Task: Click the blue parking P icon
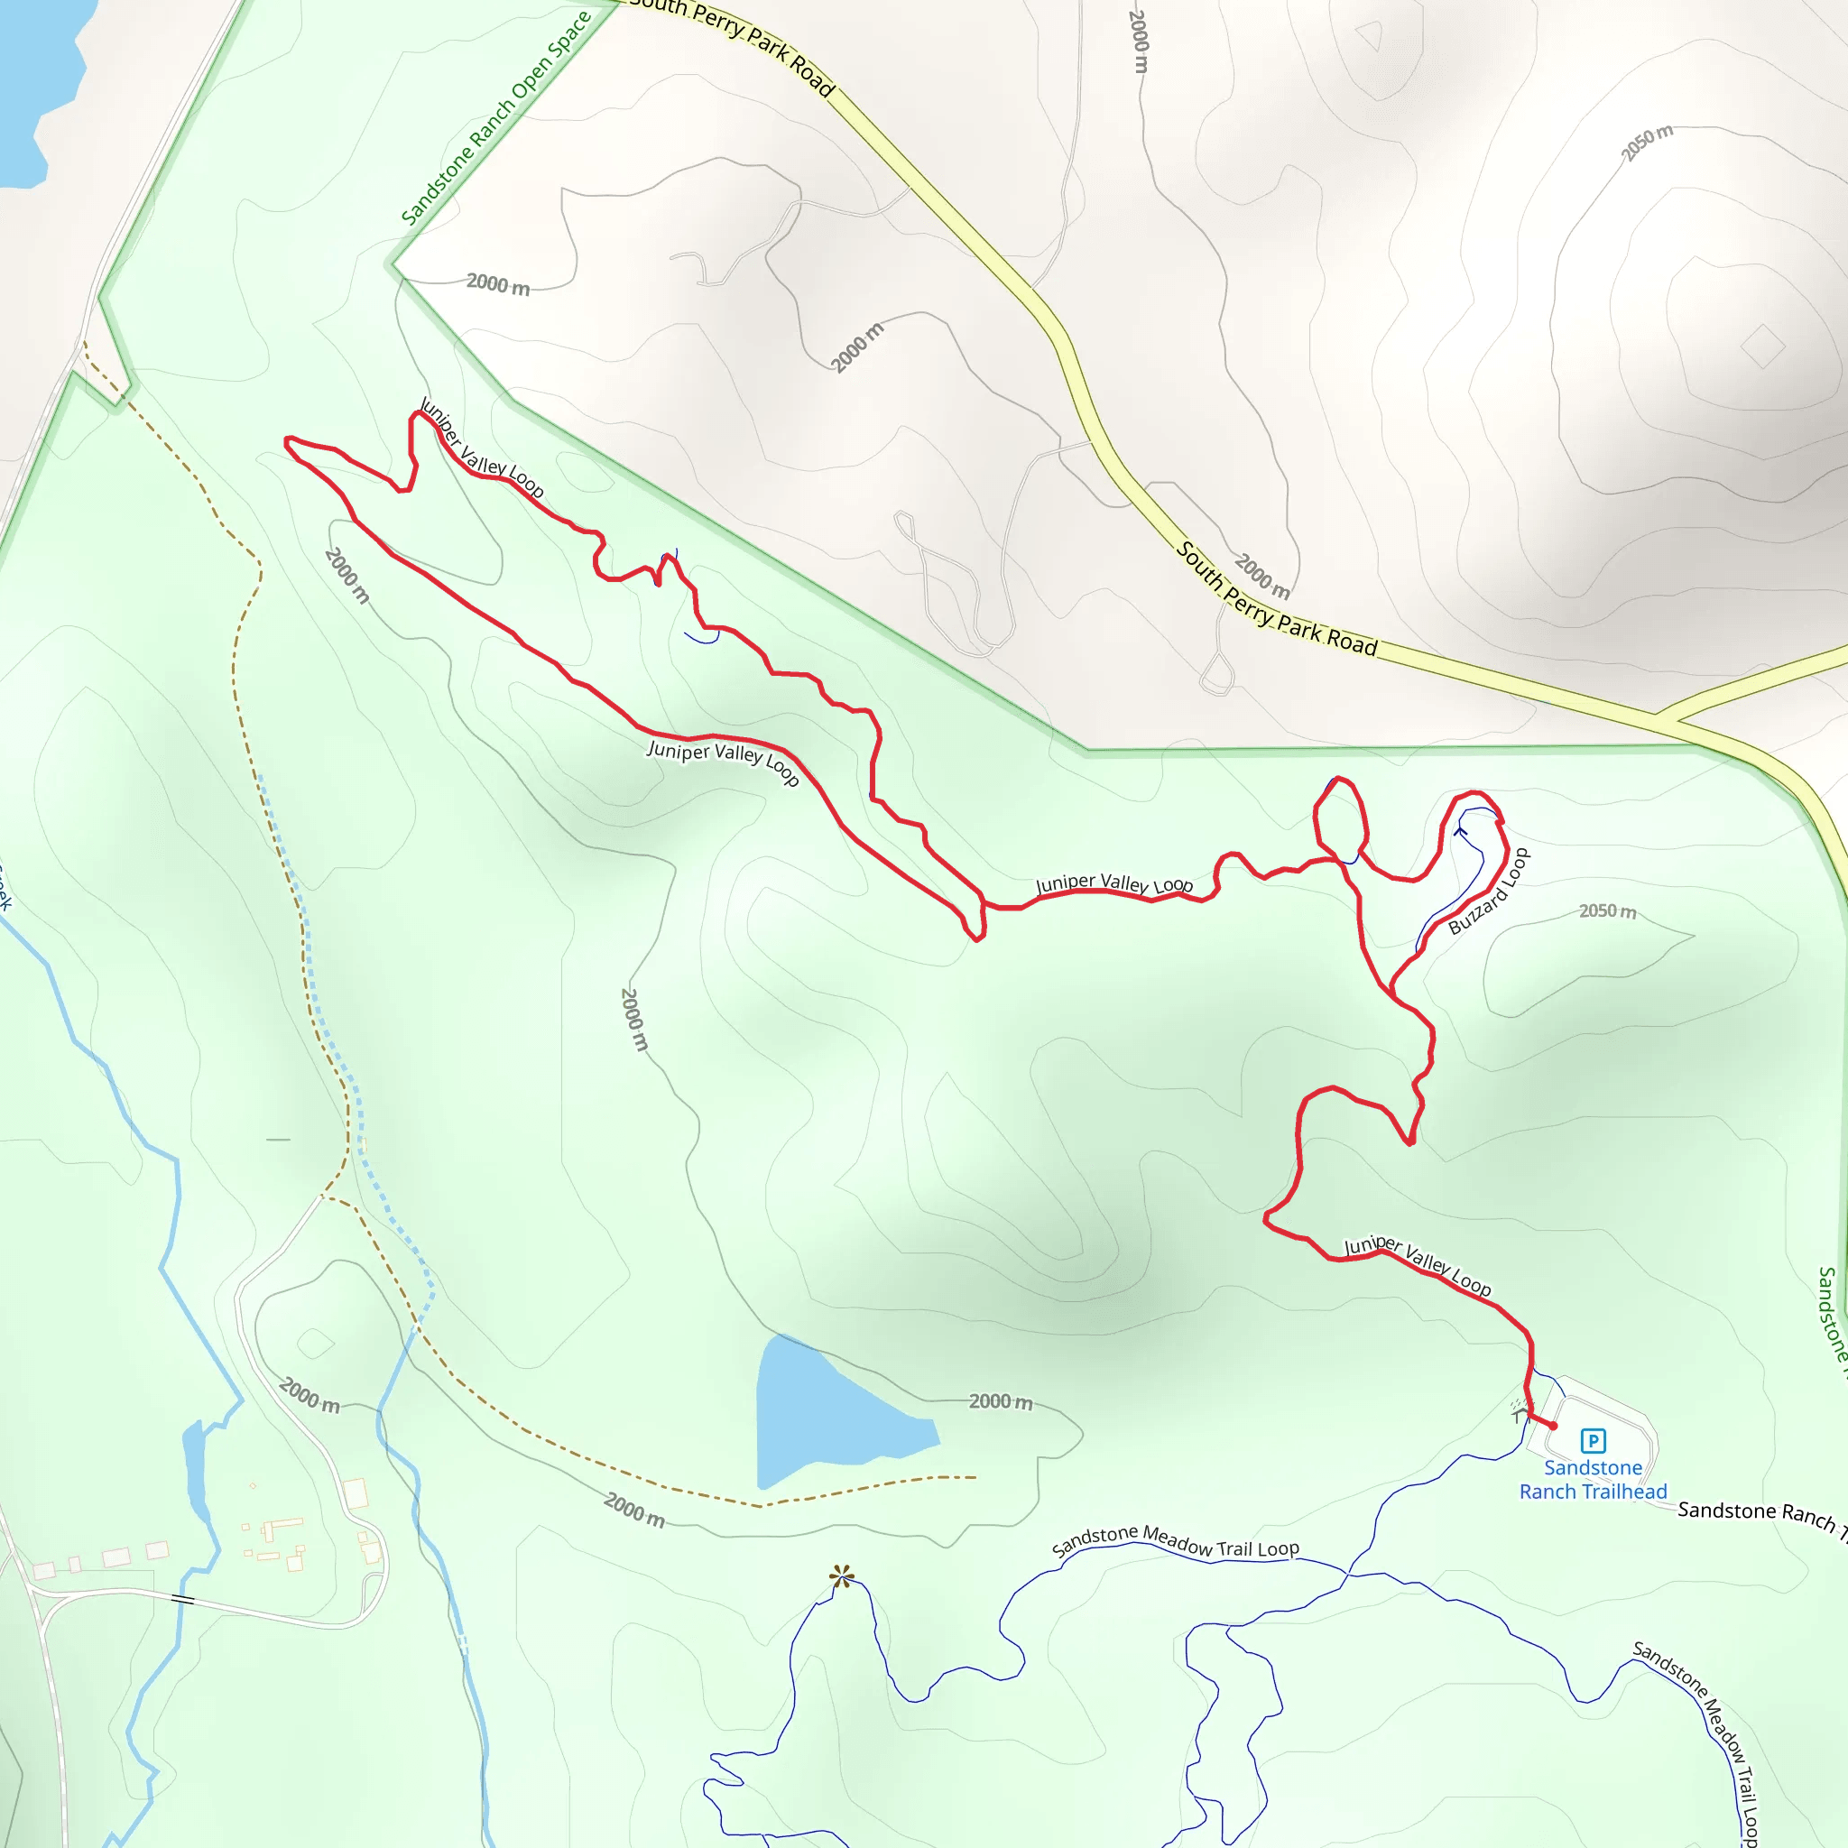pyautogui.click(x=1593, y=1440)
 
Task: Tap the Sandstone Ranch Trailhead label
pyautogui.click(x=1593, y=1480)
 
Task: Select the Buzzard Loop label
pyautogui.click(x=1488, y=892)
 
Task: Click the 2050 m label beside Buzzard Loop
pyautogui.click(x=1607, y=910)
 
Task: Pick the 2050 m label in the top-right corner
pyautogui.click(x=1646, y=143)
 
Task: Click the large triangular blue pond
pyautogui.click(x=823, y=1416)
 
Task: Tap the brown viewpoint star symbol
pyautogui.click(x=842, y=1576)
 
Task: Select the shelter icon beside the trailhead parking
pyautogui.click(x=1520, y=1411)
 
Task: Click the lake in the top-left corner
pyautogui.click(x=33, y=86)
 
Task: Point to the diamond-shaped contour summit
pyautogui.click(x=1763, y=346)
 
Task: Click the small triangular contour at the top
pyautogui.click(x=1371, y=35)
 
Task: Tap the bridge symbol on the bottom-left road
pyautogui.click(x=182, y=1599)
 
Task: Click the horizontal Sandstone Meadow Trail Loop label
pyautogui.click(x=1175, y=1543)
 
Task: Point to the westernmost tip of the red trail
pyautogui.click(x=287, y=441)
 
